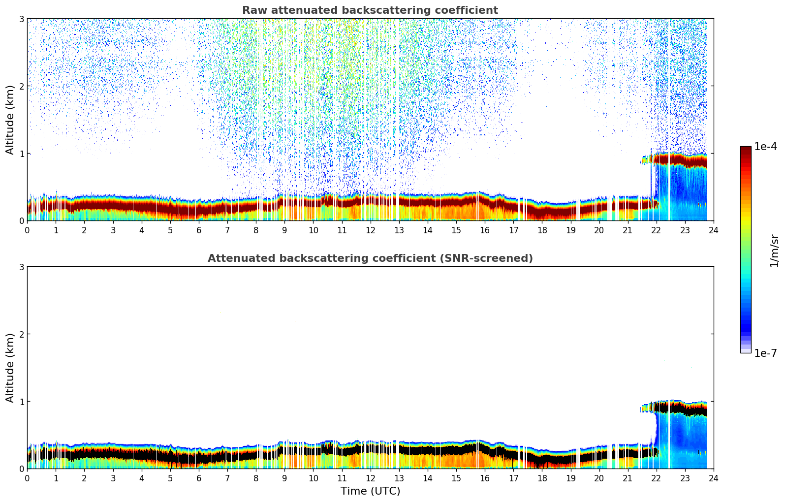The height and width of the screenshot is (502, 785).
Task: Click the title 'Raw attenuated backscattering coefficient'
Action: coord(370,10)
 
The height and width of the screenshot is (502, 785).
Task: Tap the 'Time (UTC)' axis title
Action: coord(370,491)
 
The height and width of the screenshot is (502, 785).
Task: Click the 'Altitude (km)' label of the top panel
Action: coord(10,120)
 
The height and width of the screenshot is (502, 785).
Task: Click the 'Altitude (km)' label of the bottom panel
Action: coord(10,368)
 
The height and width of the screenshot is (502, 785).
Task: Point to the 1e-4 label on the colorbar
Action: coord(765,147)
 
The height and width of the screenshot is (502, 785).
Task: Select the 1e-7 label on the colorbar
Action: coord(765,353)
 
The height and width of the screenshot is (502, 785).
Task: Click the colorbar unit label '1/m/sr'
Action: coord(774,250)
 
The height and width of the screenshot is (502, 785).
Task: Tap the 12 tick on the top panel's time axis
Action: coord(370,230)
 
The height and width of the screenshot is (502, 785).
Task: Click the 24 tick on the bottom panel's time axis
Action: coord(713,478)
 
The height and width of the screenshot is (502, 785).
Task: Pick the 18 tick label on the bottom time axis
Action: coord(542,478)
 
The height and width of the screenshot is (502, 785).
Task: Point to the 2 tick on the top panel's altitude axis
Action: coord(22,87)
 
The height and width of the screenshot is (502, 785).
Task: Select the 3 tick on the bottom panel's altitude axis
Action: coord(22,267)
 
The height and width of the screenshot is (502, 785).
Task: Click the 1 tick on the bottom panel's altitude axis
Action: coord(22,402)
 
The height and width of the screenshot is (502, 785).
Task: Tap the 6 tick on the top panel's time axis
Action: coord(199,230)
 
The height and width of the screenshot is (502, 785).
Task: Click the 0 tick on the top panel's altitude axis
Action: coord(22,221)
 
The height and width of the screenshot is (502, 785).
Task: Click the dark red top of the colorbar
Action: coord(746,150)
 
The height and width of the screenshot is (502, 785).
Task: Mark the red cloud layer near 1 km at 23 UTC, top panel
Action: coord(685,160)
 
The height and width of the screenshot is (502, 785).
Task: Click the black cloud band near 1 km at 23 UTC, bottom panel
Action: coord(685,408)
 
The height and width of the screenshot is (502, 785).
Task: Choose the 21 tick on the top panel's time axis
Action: coord(628,230)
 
